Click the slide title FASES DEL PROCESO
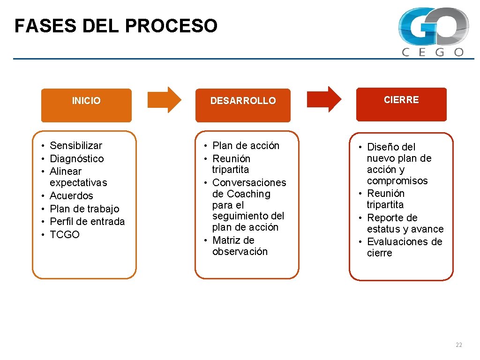tap(116, 26)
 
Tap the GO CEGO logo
tap(433, 32)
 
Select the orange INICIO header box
tap(86, 105)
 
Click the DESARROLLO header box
tap(243, 105)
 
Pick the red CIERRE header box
tap(401, 104)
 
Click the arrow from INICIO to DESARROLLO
tap(164, 99)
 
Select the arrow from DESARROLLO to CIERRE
tap(324, 99)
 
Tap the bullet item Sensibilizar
tap(75, 146)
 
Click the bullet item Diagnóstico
tap(76, 159)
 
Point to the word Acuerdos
tap(71, 196)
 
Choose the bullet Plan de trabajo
tap(84, 209)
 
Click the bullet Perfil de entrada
tap(87, 222)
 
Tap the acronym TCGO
tap(65, 235)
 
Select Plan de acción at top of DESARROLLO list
tap(246, 146)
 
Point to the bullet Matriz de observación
tap(240, 246)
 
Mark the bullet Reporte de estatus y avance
tap(405, 224)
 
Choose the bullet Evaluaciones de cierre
tap(404, 247)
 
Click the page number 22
tap(458, 345)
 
